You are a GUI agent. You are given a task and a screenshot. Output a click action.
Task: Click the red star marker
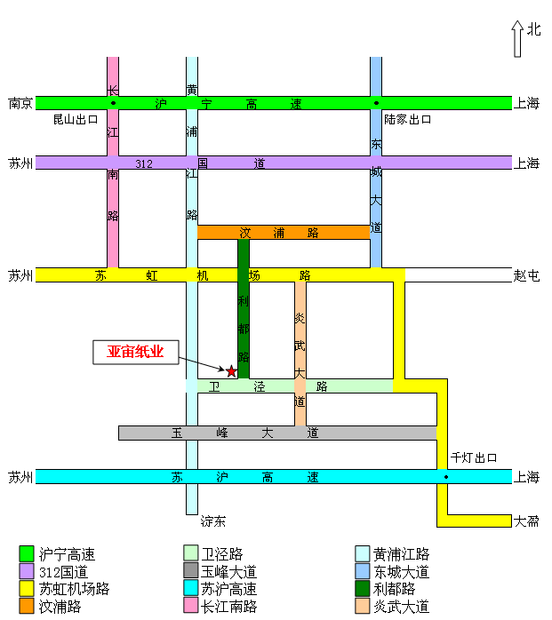click(x=232, y=370)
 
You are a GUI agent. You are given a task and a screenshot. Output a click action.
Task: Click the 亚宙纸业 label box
click(x=136, y=352)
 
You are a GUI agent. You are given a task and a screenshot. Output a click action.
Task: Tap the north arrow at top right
click(x=516, y=38)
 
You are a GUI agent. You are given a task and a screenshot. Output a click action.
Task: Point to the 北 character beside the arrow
click(x=533, y=29)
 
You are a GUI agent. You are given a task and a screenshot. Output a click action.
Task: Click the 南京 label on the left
click(x=20, y=103)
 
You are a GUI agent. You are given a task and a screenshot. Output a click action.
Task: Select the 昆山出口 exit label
click(x=76, y=119)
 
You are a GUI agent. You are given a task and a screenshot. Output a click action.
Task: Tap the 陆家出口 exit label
click(x=408, y=119)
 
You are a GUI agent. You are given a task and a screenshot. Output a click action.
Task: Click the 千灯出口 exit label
click(x=474, y=458)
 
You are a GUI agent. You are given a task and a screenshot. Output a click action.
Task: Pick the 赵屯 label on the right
click(x=527, y=275)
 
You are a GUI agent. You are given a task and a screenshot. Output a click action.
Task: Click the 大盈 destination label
click(x=526, y=521)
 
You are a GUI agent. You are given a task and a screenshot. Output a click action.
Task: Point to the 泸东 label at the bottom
click(x=213, y=521)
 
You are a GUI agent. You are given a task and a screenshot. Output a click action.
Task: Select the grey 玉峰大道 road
click(x=277, y=433)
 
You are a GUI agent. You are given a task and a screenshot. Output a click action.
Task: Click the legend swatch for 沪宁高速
click(x=27, y=554)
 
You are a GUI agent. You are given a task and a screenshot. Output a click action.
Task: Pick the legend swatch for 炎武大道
click(x=363, y=607)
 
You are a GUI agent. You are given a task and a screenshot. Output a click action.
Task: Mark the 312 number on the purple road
click(x=144, y=163)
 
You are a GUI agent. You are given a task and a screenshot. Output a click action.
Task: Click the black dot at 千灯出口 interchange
click(x=446, y=477)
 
